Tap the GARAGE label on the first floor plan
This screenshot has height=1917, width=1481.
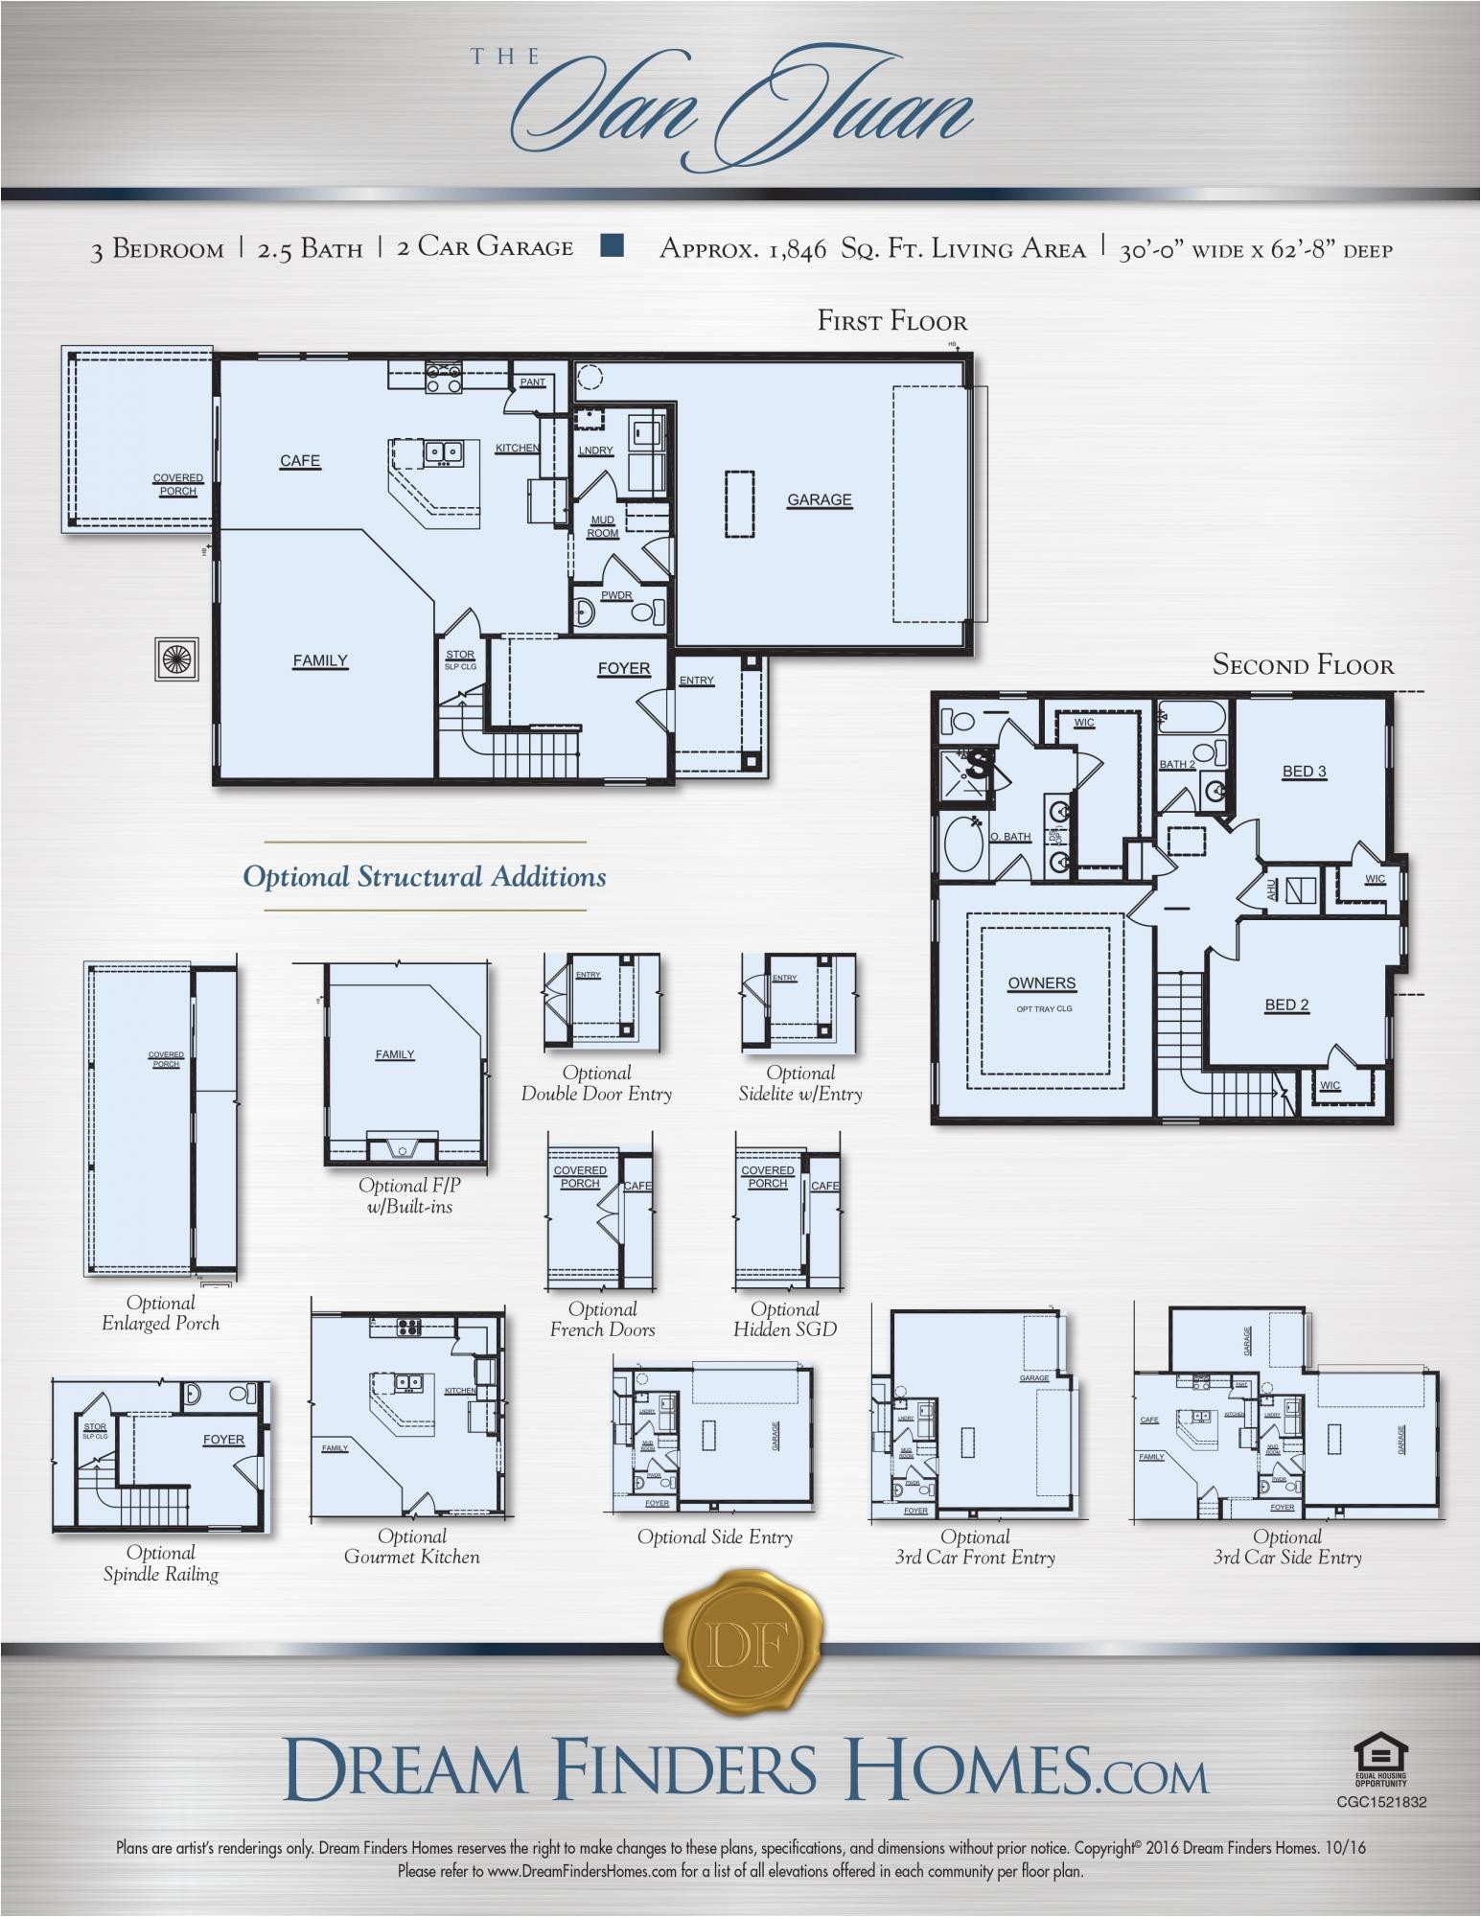point(819,499)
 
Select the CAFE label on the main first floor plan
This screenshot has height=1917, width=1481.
point(299,461)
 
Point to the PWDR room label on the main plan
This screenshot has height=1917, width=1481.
point(616,595)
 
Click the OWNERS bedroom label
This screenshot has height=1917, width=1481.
point(1041,982)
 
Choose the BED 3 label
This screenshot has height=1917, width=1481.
point(1304,771)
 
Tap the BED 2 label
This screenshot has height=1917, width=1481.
point(1286,1005)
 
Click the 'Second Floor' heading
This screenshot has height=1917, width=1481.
point(1302,664)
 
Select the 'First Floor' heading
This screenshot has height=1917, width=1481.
point(891,320)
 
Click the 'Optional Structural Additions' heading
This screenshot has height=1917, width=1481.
point(425,876)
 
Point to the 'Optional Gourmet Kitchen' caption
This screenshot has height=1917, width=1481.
point(412,1546)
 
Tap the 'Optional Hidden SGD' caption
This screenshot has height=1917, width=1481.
point(784,1319)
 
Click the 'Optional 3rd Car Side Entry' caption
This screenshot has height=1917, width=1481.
point(1286,1547)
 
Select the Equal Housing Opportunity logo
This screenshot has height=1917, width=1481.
point(1380,1761)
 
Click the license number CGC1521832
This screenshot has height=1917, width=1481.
point(1381,1801)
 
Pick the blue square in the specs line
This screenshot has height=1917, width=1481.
point(612,245)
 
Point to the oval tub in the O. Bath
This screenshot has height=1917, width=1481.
point(962,843)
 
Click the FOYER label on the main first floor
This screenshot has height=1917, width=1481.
point(623,668)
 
